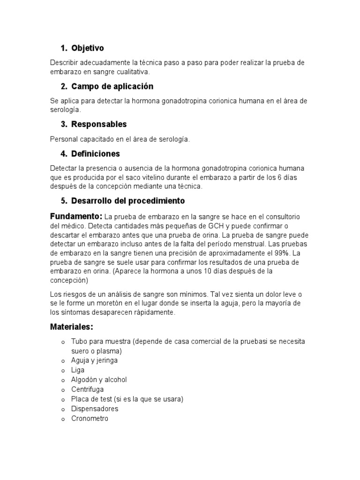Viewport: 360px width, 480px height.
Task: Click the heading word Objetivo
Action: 88,48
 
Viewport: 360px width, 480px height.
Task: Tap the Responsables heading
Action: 99,125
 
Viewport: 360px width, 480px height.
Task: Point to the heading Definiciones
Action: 96,154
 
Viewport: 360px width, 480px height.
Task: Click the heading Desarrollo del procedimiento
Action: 128,201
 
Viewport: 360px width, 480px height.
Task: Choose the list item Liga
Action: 78,370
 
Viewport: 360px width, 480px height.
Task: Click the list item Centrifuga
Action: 88,390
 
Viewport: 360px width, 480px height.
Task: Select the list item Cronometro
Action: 90,419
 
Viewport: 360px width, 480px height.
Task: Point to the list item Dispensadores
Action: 95,409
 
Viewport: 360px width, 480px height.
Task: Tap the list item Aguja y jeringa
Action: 94,360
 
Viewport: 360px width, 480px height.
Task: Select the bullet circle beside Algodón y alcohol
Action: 62,380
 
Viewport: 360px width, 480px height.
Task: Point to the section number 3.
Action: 63,125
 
